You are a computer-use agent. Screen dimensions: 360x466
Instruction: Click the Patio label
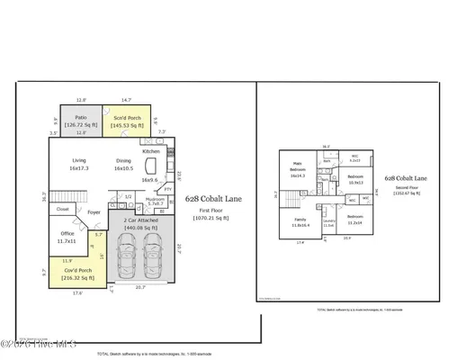click(81, 117)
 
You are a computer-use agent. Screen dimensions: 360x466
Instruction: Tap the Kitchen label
click(150, 151)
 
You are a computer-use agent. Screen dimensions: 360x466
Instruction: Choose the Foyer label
click(94, 213)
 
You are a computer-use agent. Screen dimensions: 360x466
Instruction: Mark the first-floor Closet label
click(62, 209)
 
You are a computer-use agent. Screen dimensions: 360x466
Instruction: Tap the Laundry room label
click(328, 222)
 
